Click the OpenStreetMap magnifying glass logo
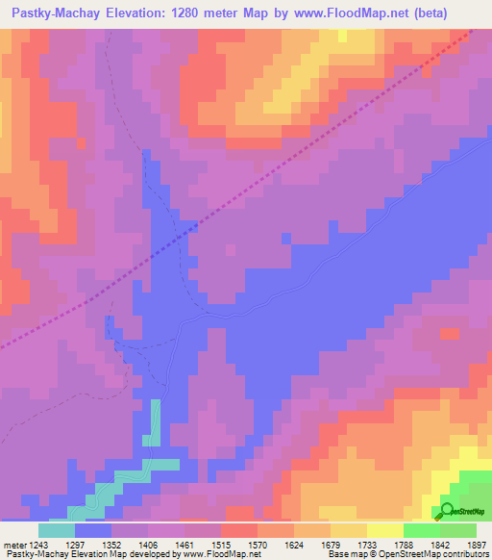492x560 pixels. pyautogui.click(x=448, y=511)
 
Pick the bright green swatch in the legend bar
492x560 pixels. pyautogui.click(x=421, y=529)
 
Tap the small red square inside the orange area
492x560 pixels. pyautogui.click(x=449, y=334)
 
